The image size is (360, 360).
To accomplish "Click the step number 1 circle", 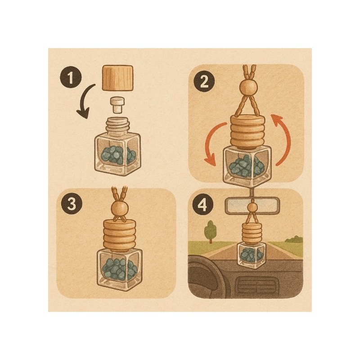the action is pos(71,77).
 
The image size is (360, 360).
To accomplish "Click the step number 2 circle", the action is pos(204,81).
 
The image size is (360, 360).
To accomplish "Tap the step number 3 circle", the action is pos(72,204).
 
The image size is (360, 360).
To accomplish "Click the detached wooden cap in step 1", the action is pos(117,77).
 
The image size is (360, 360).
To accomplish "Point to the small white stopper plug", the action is pos(117,105).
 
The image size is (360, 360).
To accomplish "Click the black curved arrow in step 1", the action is pos(85,100).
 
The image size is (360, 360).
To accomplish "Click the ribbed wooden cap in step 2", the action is pos(247,131).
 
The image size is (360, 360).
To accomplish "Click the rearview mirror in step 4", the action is pos(252,205).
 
